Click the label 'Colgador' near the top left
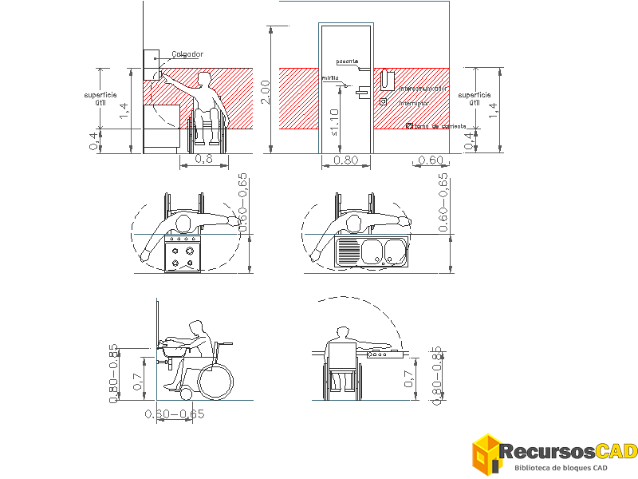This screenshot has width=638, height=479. [x=188, y=54]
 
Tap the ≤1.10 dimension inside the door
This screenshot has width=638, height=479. [x=333, y=123]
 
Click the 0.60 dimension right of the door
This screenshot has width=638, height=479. [x=431, y=160]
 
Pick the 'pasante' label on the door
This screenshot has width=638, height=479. [x=347, y=61]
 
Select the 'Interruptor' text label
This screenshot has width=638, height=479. [x=414, y=103]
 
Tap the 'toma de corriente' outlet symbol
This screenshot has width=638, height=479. [x=410, y=125]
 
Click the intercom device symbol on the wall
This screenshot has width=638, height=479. [x=387, y=79]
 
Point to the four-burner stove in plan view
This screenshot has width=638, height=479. [x=183, y=254]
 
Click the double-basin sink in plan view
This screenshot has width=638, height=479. [x=372, y=252]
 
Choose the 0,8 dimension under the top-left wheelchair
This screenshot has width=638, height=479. [x=203, y=159]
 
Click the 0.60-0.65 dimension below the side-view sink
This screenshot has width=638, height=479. [x=175, y=414]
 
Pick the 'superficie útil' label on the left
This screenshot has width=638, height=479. [x=100, y=97]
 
